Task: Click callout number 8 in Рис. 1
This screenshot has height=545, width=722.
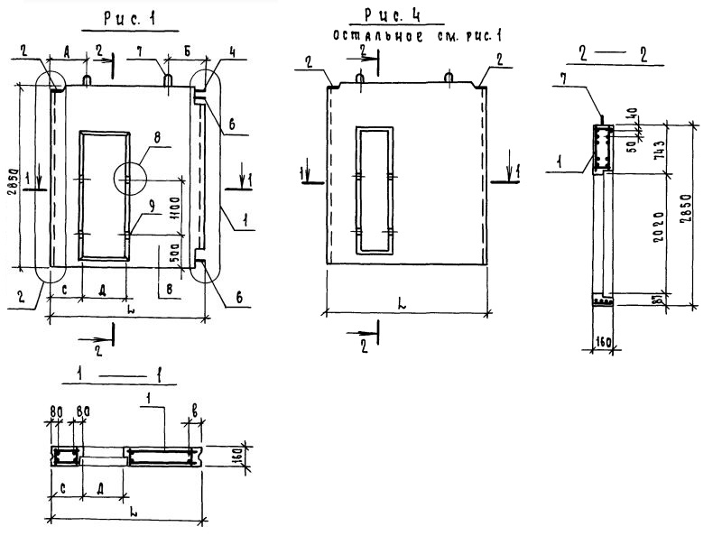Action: click(x=161, y=141)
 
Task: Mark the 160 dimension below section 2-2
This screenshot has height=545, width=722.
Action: click(x=606, y=342)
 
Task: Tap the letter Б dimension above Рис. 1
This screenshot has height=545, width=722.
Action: click(x=185, y=52)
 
